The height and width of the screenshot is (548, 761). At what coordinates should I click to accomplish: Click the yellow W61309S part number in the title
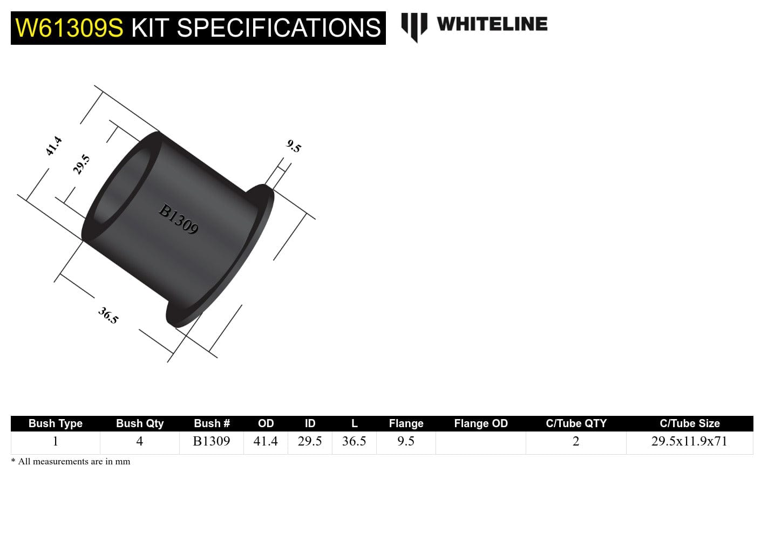click(69, 28)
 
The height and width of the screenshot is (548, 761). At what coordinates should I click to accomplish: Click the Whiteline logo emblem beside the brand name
click(414, 26)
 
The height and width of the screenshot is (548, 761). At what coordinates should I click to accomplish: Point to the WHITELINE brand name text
click(492, 24)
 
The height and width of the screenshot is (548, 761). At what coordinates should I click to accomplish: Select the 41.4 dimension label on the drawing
click(53, 146)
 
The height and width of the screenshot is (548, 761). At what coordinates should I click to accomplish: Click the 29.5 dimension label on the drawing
click(81, 165)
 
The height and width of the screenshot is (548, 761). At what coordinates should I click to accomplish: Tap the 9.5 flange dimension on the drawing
click(294, 146)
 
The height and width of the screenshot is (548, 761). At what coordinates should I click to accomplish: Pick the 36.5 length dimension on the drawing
click(108, 316)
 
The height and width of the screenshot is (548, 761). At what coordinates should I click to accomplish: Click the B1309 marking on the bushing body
click(179, 219)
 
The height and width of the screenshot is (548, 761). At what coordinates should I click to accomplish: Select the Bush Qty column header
click(140, 423)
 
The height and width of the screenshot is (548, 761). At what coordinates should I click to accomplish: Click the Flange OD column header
click(481, 423)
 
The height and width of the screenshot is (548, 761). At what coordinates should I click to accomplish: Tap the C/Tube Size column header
click(689, 423)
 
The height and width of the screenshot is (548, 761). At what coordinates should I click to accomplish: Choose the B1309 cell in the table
click(212, 441)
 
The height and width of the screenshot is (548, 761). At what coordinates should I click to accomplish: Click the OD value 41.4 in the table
click(266, 441)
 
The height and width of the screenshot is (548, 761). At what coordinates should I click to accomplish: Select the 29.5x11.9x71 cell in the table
click(689, 441)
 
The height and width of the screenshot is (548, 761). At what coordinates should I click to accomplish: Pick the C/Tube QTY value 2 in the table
click(576, 441)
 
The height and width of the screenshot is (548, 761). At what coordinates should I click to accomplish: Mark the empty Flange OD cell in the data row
click(481, 442)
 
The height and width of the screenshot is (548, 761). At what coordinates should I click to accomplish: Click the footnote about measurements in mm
click(71, 462)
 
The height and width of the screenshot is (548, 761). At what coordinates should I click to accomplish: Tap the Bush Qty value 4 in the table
click(139, 441)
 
